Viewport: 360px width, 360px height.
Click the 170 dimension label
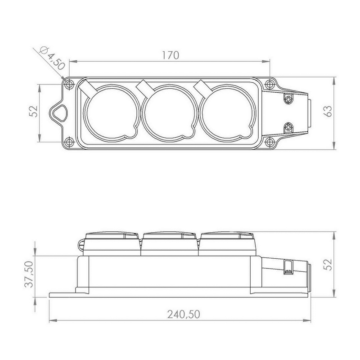171,55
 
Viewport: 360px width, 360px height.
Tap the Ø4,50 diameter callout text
52,58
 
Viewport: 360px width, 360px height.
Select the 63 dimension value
329,111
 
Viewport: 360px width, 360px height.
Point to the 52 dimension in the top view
34,111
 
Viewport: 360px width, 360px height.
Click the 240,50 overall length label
184,314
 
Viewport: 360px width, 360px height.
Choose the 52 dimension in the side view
329,265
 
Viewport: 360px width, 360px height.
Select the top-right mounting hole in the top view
270,84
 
